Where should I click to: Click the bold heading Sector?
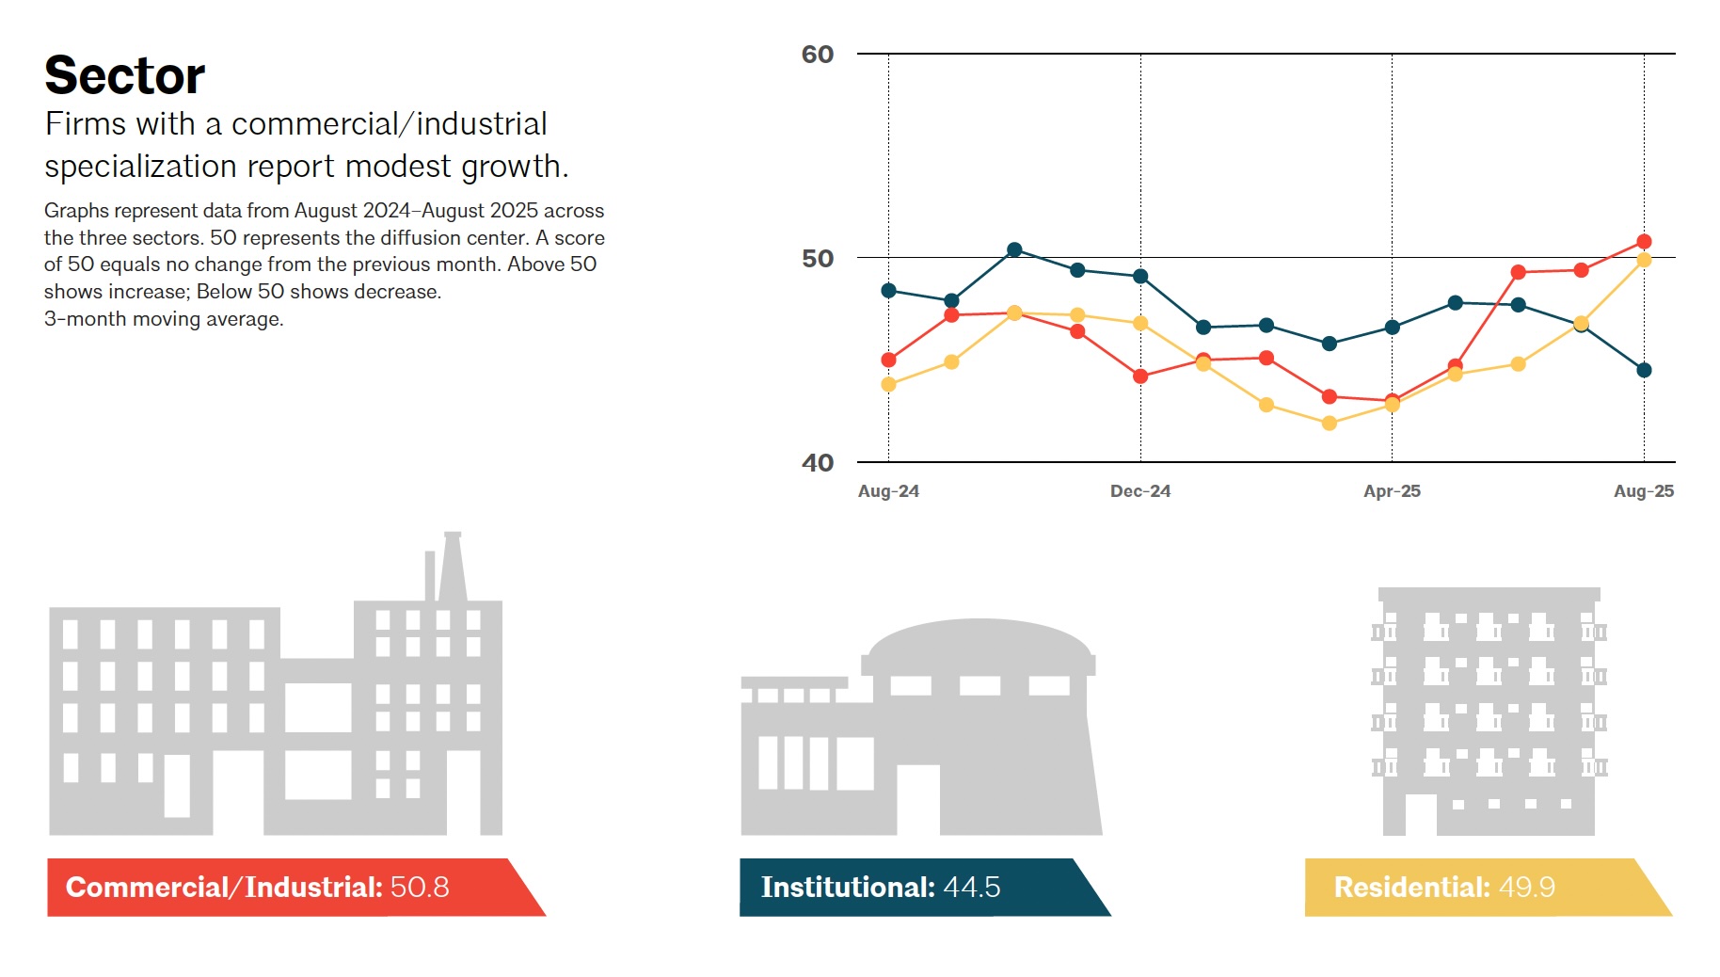pyautogui.click(x=124, y=75)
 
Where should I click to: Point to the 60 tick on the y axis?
pyautogui.click(x=817, y=55)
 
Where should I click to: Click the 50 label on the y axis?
pyautogui.click(x=817, y=259)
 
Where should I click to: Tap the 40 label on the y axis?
pyautogui.click(x=817, y=463)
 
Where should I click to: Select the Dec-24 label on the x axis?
pyautogui.click(x=1139, y=491)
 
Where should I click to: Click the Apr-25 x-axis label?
pyautogui.click(x=1392, y=491)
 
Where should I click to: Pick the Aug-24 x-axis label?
pyautogui.click(x=888, y=491)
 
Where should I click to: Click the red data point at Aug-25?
pyautogui.click(x=1644, y=242)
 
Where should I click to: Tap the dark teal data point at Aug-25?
pyautogui.click(x=1644, y=370)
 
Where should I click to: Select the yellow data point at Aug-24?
pyautogui.click(x=888, y=384)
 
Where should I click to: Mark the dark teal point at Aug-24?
pyautogui.click(x=888, y=291)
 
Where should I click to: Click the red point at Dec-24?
pyautogui.click(x=1140, y=376)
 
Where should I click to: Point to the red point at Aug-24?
pyautogui.click(x=888, y=360)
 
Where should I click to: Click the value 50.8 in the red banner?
pyautogui.click(x=420, y=888)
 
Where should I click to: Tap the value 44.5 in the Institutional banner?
pyautogui.click(x=971, y=888)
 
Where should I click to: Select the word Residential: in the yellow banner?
pyautogui.click(x=1411, y=888)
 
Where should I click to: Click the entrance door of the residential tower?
pyautogui.click(x=1421, y=815)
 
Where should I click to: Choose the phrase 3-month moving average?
pyautogui.click(x=164, y=319)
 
